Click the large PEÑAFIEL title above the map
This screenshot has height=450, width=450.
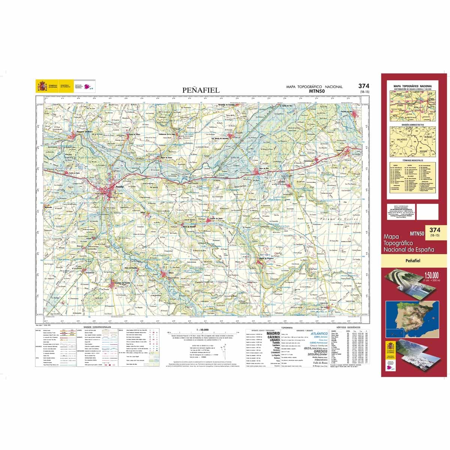[x=201, y=90]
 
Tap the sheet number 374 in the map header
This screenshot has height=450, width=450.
[x=363, y=86]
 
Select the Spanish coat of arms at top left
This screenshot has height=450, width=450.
[x=41, y=87]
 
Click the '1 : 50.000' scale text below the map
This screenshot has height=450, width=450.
[x=203, y=330]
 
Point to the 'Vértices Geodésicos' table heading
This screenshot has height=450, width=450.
[x=348, y=327]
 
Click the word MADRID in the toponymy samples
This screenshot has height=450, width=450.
[x=273, y=333]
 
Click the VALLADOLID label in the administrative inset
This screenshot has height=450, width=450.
[x=399, y=138]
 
